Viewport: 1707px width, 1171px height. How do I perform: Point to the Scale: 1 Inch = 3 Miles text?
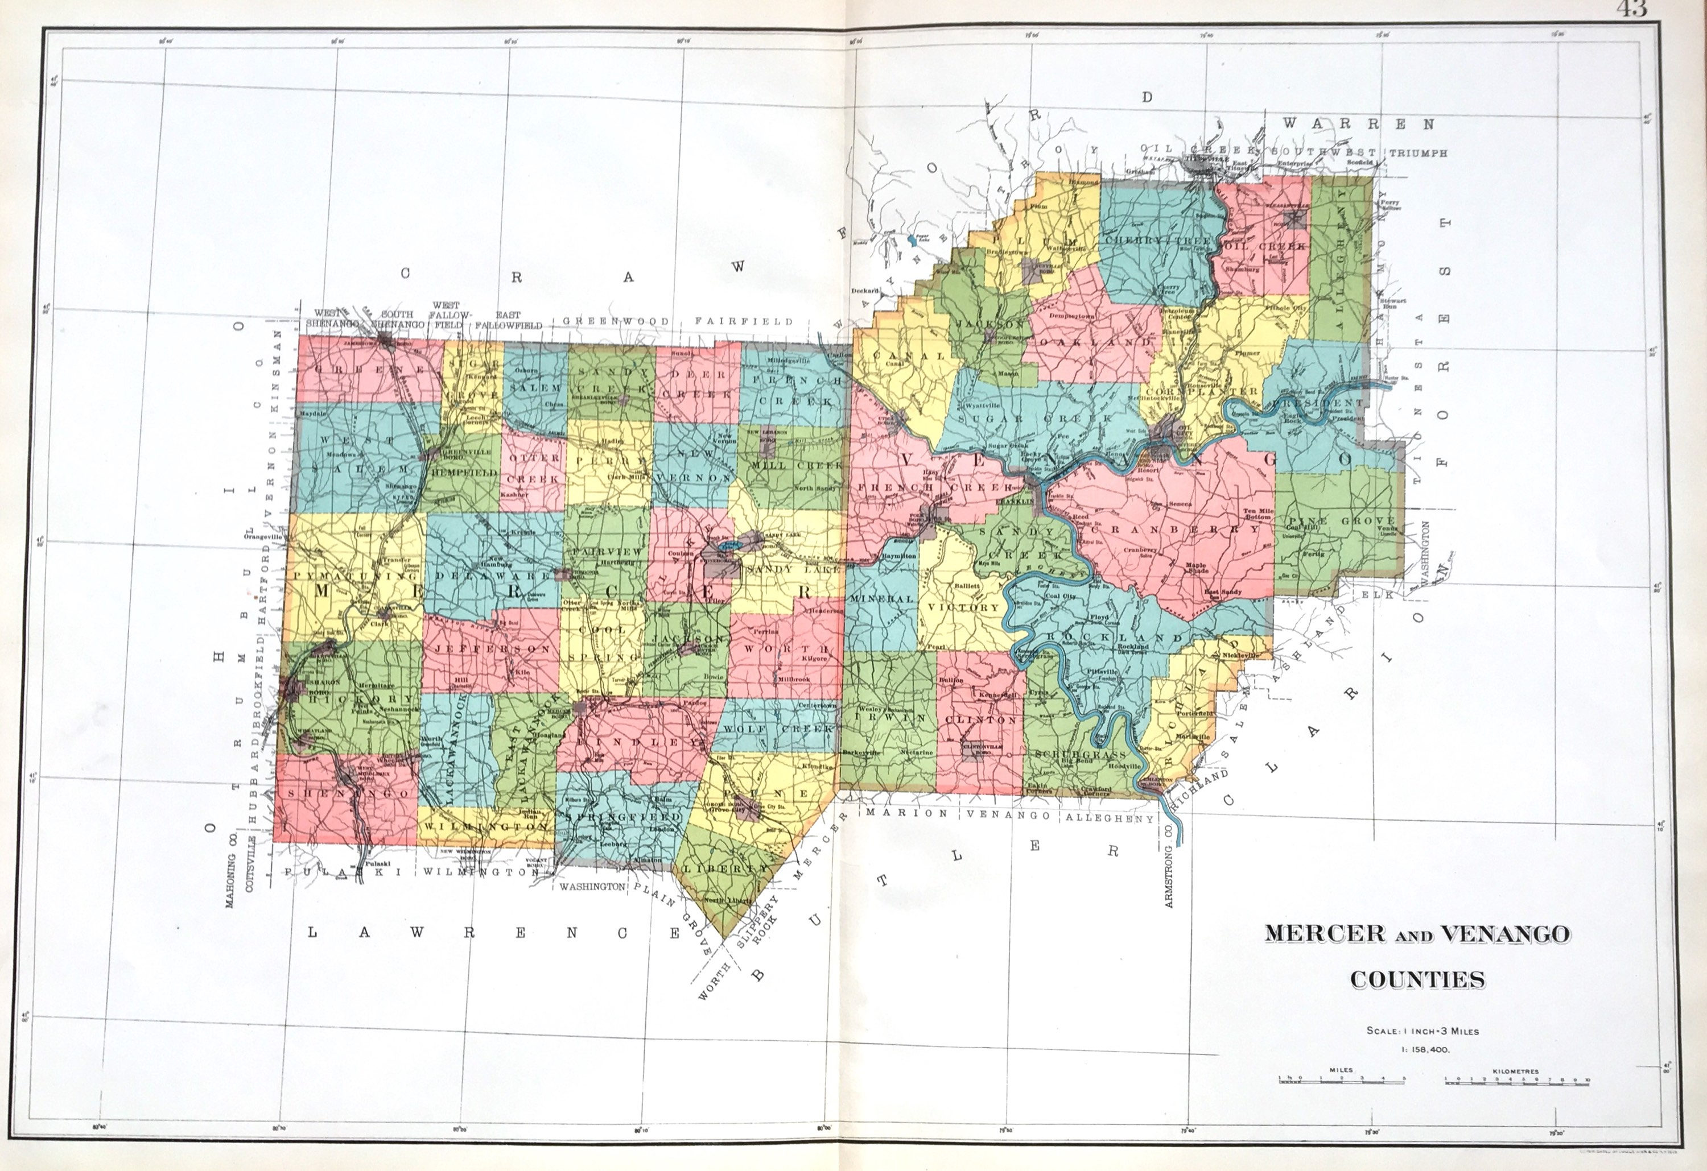1422,1031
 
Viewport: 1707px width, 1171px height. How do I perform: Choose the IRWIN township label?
885,719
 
